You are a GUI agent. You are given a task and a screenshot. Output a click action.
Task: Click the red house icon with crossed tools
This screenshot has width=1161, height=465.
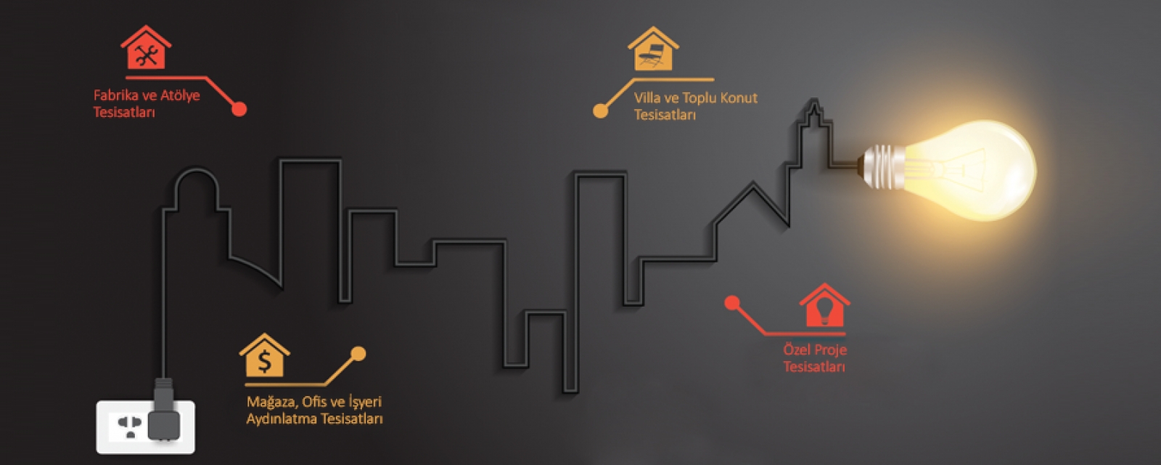click(146, 49)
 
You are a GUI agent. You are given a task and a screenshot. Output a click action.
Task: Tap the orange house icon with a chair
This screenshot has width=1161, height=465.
click(653, 50)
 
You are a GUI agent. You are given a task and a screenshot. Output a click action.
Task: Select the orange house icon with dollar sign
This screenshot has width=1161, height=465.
click(264, 356)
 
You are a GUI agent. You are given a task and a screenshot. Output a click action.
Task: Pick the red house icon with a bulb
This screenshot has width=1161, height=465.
click(824, 306)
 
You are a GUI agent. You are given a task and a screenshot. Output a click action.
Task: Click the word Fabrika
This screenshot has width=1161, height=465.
click(117, 95)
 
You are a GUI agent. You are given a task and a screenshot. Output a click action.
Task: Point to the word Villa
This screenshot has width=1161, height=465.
click(647, 98)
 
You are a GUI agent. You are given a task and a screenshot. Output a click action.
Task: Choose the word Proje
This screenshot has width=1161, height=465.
click(831, 350)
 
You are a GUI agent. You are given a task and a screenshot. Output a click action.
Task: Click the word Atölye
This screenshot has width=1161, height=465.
click(180, 95)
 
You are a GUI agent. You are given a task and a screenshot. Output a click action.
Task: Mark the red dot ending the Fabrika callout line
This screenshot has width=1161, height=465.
click(239, 109)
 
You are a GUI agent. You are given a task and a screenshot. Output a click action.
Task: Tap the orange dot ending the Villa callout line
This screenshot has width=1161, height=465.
click(600, 110)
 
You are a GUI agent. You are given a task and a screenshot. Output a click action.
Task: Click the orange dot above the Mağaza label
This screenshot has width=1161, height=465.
click(358, 354)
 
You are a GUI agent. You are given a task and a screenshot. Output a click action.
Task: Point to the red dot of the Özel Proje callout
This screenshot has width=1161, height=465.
click(732, 302)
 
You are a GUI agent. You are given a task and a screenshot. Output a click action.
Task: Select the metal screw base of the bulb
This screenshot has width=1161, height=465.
click(880, 168)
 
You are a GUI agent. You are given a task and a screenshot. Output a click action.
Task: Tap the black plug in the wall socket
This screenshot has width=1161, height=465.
click(163, 418)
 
